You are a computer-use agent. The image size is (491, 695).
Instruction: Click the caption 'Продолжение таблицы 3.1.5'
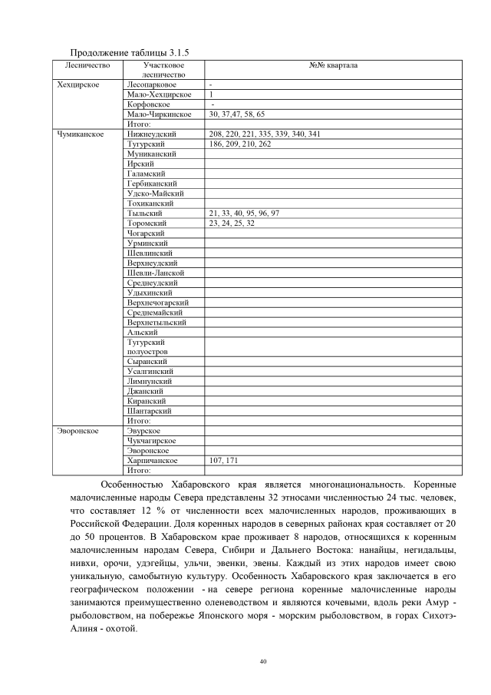click(118, 52)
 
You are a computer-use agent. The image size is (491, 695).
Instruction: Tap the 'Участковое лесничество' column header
click(164, 71)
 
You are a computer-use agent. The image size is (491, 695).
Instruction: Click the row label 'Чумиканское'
click(81, 134)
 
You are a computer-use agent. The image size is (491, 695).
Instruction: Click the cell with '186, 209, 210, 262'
click(239, 144)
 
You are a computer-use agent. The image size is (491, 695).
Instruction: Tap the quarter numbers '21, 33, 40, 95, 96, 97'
click(244, 213)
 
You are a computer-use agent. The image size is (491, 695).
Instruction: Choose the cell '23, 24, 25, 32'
click(232, 223)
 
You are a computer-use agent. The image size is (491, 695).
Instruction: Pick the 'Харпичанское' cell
click(152, 460)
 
